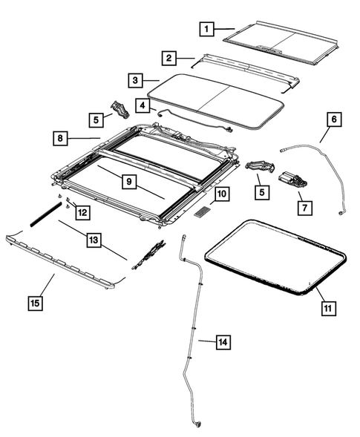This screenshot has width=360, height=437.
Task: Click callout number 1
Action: (208, 29)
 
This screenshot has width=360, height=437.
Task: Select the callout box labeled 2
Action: (170, 57)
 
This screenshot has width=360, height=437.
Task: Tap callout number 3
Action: (134, 80)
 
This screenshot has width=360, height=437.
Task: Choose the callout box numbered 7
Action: (303, 208)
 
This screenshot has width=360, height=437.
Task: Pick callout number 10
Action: (222, 196)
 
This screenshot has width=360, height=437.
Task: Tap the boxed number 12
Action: (82, 213)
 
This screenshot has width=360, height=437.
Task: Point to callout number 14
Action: (223, 342)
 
